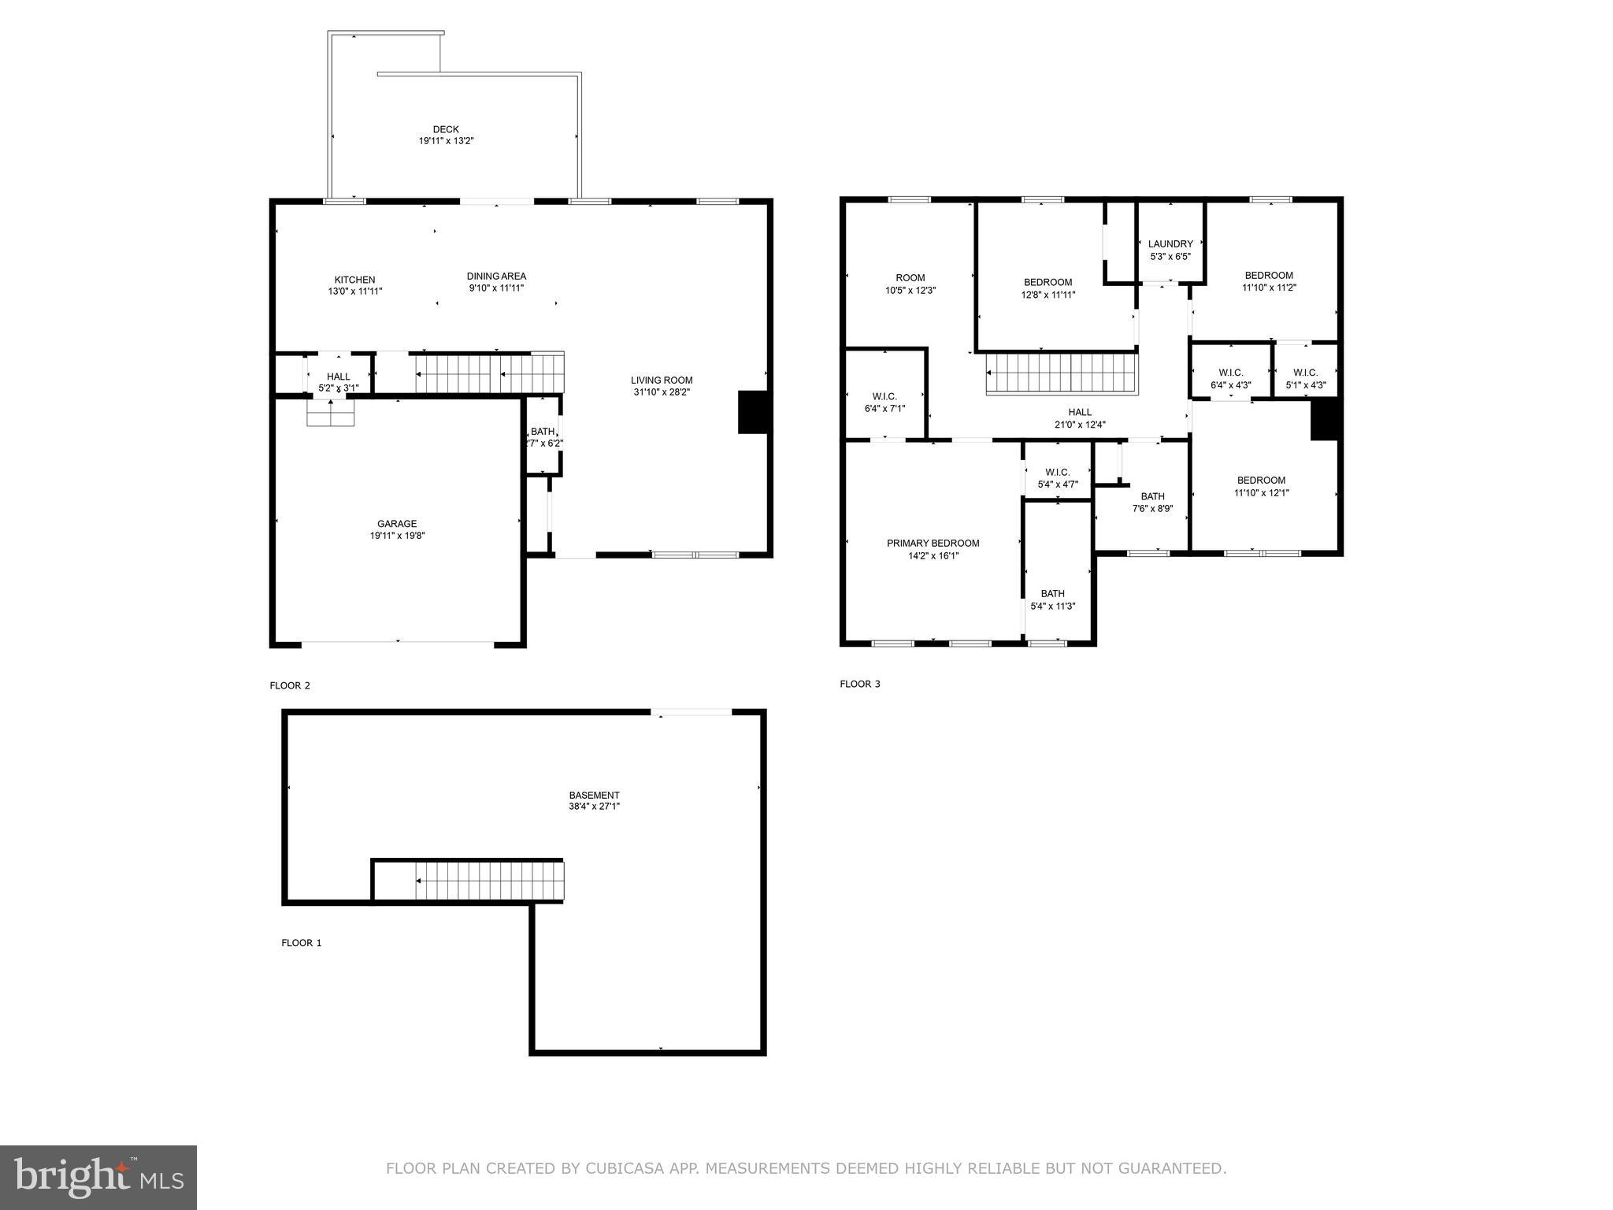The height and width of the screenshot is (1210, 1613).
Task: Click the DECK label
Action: pyautogui.click(x=446, y=129)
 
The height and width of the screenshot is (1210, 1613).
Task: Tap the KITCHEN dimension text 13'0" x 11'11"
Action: pyautogui.click(x=354, y=291)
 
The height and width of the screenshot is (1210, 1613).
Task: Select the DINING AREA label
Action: pyautogui.click(x=496, y=277)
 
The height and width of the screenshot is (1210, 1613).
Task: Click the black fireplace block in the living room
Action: pyautogui.click(x=753, y=411)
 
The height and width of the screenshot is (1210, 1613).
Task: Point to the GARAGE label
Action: pyautogui.click(x=397, y=524)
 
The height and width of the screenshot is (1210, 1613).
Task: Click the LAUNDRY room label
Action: pyautogui.click(x=1170, y=244)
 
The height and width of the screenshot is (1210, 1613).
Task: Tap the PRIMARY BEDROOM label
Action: pyautogui.click(x=933, y=544)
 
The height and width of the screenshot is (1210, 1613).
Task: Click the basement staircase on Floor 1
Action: pyautogui.click(x=488, y=880)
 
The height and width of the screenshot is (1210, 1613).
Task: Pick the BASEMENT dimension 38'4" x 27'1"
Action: pyautogui.click(x=595, y=807)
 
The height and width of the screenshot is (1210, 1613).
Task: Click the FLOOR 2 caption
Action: pyautogui.click(x=290, y=685)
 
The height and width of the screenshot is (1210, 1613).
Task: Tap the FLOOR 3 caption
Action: pyautogui.click(x=860, y=684)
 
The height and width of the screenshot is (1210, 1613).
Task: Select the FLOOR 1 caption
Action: pyautogui.click(x=302, y=943)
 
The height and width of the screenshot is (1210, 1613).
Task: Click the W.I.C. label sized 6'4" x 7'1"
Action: pyautogui.click(x=884, y=396)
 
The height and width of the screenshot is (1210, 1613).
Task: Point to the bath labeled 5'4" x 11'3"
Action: pyautogui.click(x=1052, y=594)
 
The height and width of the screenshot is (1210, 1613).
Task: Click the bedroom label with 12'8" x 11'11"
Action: pyautogui.click(x=1048, y=283)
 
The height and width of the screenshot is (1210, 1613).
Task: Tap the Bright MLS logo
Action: pyautogui.click(x=98, y=1177)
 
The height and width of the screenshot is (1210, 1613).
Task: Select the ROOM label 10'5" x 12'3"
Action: pyautogui.click(x=910, y=278)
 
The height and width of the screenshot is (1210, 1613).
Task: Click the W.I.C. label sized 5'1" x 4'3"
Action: pyautogui.click(x=1305, y=373)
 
